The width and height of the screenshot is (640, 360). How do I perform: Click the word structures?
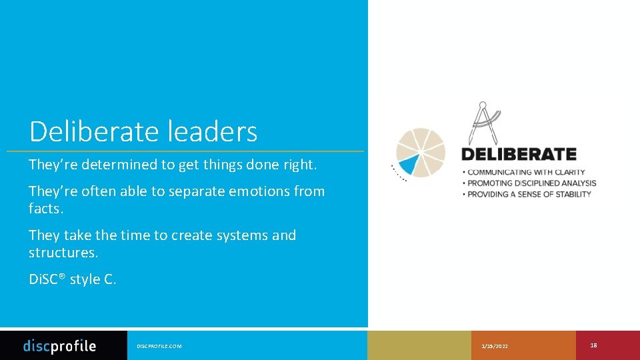click(x=62, y=253)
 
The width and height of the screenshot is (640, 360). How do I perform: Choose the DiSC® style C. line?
click(x=73, y=279)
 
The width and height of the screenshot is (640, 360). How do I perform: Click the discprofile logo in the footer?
click(x=59, y=345)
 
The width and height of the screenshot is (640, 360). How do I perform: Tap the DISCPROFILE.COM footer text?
click(x=159, y=346)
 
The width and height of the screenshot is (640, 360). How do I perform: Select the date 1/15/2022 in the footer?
click(x=495, y=346)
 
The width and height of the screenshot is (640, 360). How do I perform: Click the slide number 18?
click(x=593, y=345)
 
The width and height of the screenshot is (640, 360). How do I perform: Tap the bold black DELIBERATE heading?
click(x=519, y=154)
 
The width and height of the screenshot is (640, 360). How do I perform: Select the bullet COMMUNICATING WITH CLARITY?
click(x=527, y=172)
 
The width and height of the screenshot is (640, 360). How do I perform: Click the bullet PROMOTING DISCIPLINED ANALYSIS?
click(x=532, y=183)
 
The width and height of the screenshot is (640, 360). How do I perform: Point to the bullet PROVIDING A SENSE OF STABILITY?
click(x=529, y=194)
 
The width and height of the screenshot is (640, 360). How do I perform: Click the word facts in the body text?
click(x=45, y=209)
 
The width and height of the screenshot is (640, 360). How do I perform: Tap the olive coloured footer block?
click(x=419, y=345)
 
